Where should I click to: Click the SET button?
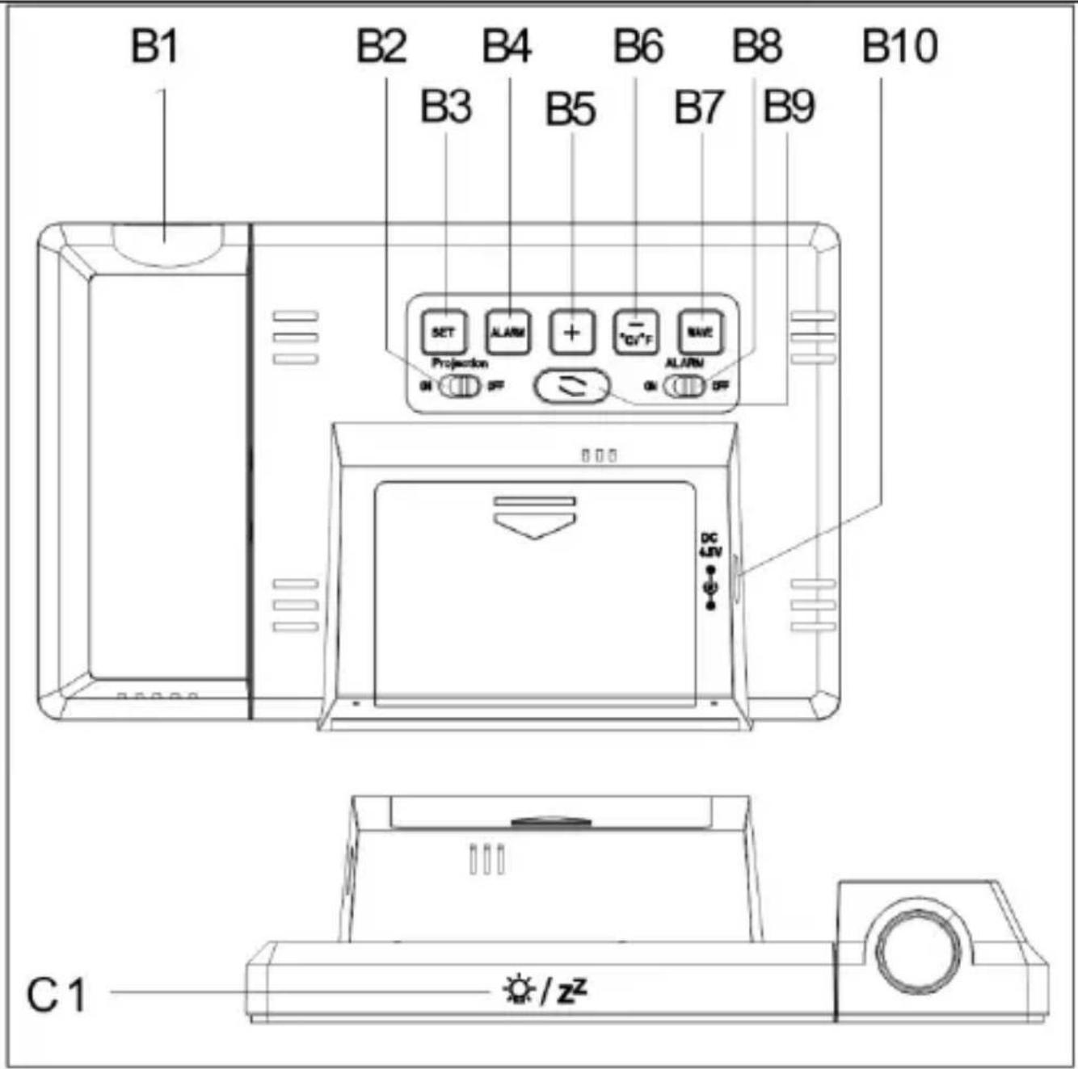tap(444, 332)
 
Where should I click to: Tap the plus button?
tap(572, 332)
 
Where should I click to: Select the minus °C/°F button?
tap(636, 332)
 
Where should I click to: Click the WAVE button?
tap(700, 332)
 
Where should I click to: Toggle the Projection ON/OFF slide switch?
tap(461, 386)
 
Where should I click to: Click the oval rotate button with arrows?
tap(571, 387)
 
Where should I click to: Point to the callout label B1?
tap(154, 47)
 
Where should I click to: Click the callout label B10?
tap(899, 47)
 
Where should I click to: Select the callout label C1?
tap(56, 995)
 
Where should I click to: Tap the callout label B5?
tap(571, 109)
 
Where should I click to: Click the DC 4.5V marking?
tap(709, 545)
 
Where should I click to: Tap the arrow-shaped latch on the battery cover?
tap(534, 518)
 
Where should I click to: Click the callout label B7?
tap(699, 107)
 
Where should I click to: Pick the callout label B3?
tap(445, 107)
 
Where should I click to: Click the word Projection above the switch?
tap(459, 363)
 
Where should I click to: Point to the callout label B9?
tap(789, 107)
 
